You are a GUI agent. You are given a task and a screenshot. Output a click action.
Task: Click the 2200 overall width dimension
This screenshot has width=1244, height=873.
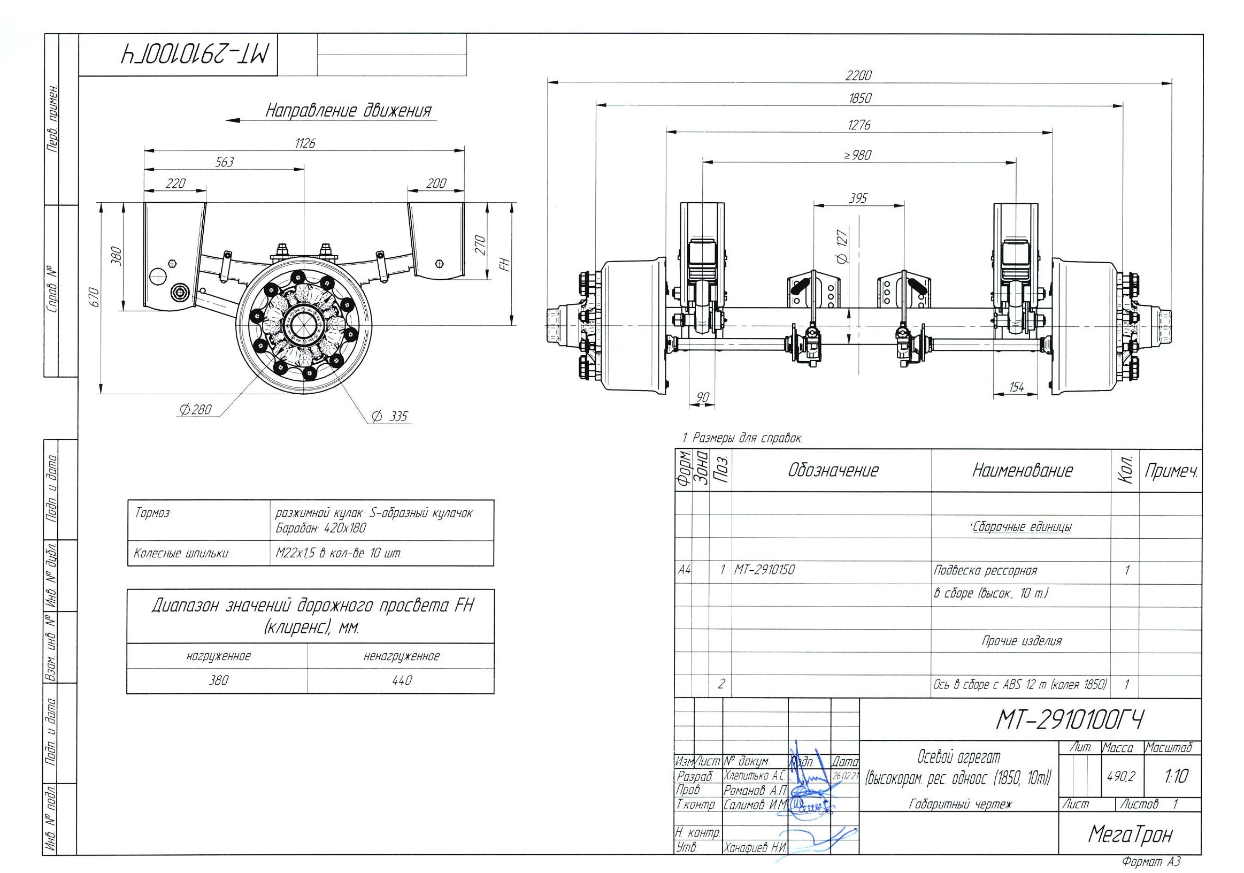pos(859,75)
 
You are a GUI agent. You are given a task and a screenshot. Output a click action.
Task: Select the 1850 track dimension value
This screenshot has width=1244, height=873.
pos(859,98)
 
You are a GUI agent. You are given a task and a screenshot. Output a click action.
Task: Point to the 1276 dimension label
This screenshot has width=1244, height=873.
pos(859,125)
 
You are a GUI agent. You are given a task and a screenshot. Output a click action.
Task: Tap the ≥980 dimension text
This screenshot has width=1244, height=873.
pos(858,155)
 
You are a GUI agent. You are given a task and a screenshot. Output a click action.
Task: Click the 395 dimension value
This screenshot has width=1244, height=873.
pos(858,198)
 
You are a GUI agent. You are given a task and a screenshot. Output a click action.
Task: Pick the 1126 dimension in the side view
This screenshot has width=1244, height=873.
pos(305,143)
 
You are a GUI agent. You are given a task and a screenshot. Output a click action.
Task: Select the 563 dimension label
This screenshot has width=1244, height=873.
pos(224,162)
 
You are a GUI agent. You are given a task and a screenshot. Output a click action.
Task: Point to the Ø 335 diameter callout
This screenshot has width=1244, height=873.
pos(389,416)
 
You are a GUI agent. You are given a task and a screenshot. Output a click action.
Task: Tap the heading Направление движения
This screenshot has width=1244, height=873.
pos(348,111)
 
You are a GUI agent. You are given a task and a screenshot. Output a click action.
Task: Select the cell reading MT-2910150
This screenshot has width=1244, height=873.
pos(764,570)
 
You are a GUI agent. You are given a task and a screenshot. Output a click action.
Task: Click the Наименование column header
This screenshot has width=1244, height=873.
pos(1023,470)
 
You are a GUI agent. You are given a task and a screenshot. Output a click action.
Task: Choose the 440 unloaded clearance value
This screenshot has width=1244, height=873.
pos(402,680)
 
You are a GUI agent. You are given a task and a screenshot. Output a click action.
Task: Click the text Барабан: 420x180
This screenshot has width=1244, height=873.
pos(321,528)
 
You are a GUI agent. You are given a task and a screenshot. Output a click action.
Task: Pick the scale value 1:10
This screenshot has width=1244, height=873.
pos(1176,776)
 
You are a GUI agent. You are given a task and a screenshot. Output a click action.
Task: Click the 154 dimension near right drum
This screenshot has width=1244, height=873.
pos(1017,387)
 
